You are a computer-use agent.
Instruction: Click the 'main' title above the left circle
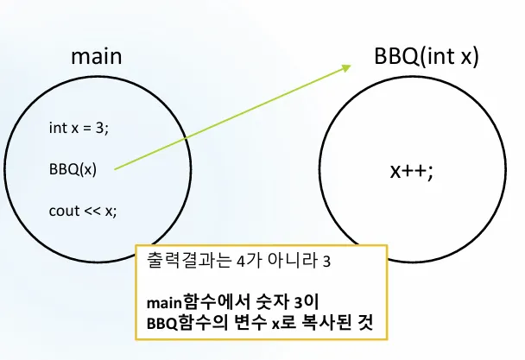96,57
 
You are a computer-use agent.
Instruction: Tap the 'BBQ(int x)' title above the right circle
426,57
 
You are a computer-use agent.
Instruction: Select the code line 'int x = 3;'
79,128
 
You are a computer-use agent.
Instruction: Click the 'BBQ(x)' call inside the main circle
73,169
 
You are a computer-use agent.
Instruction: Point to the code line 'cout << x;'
82,211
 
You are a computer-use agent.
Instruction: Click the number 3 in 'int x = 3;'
103,128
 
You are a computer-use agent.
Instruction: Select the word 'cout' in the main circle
61,211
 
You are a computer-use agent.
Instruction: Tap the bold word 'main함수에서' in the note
188,302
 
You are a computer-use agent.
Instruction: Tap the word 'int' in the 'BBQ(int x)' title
427,57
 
